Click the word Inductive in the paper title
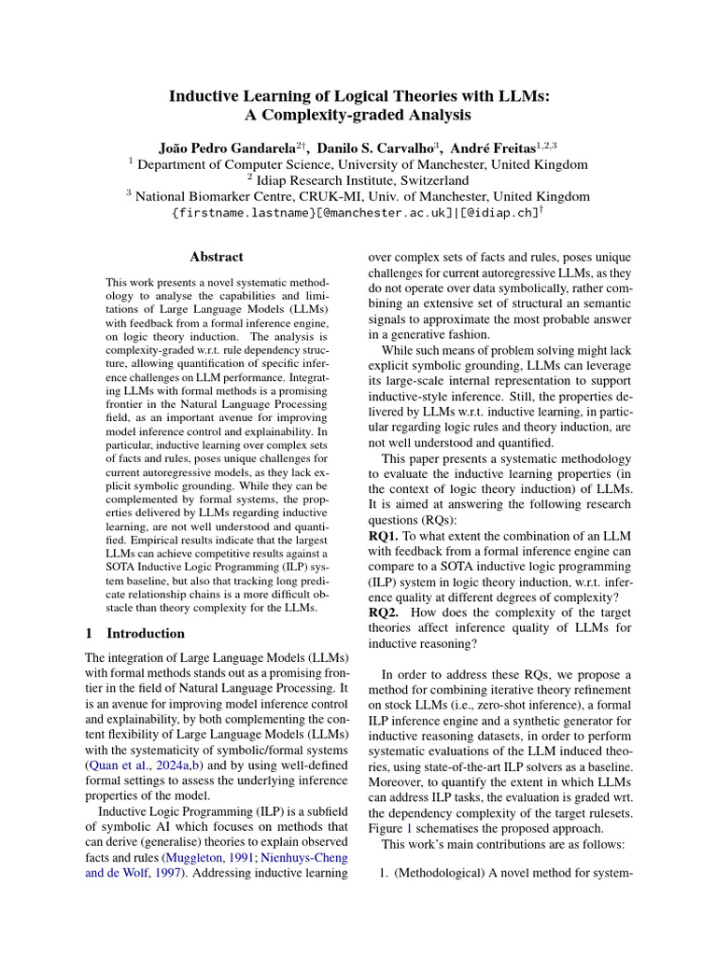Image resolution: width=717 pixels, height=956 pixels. [x=203, y=95]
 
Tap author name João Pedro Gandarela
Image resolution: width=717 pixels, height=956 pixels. [x=228, y=148]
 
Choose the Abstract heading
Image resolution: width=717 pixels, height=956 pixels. [x=216, y=257]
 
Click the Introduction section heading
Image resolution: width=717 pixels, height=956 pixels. [x=146, y=633]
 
